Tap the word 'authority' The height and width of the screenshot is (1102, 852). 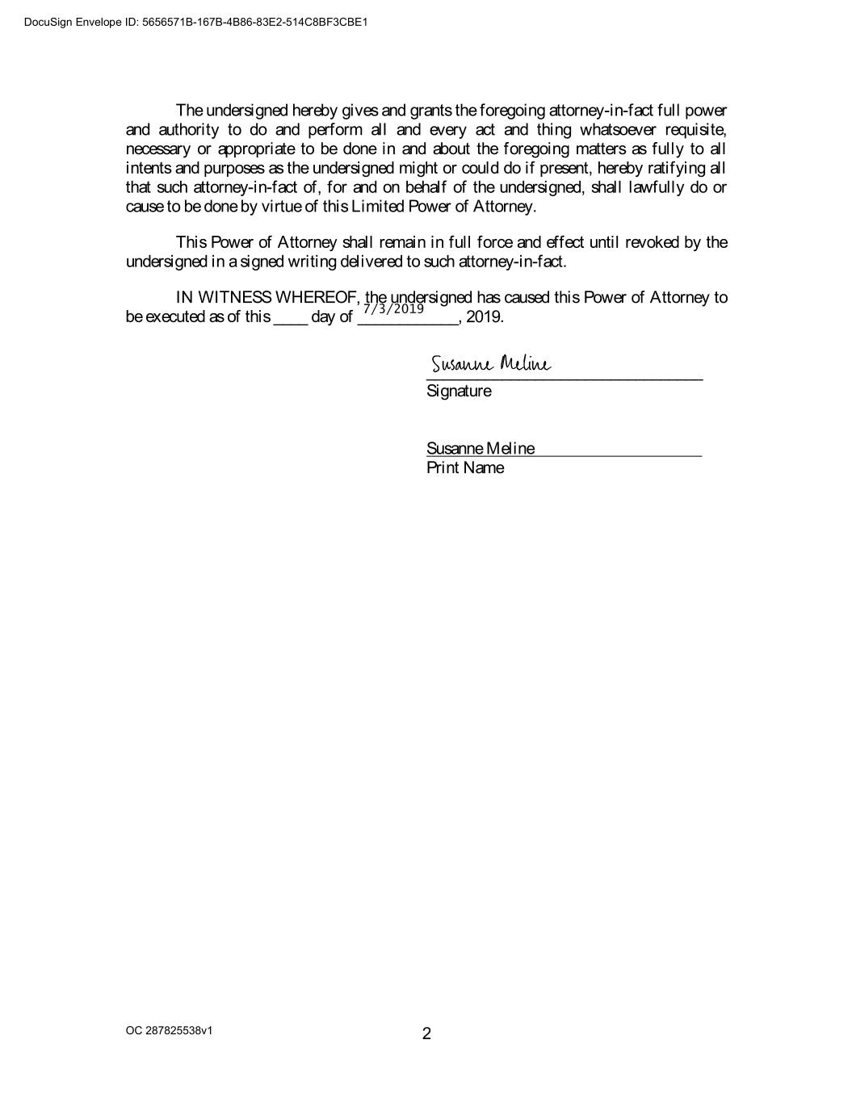click(188, 130)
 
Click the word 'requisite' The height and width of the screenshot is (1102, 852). click(695, 130)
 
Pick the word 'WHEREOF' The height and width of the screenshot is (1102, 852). click(318, 297)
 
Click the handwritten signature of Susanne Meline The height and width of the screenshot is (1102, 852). click(490, 364)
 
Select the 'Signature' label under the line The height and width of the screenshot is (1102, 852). click(459, 391)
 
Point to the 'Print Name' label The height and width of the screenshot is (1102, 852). click(465, 468)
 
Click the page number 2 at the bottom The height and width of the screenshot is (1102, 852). click(426, 1033)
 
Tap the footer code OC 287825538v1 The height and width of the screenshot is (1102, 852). click(170, 1031)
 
